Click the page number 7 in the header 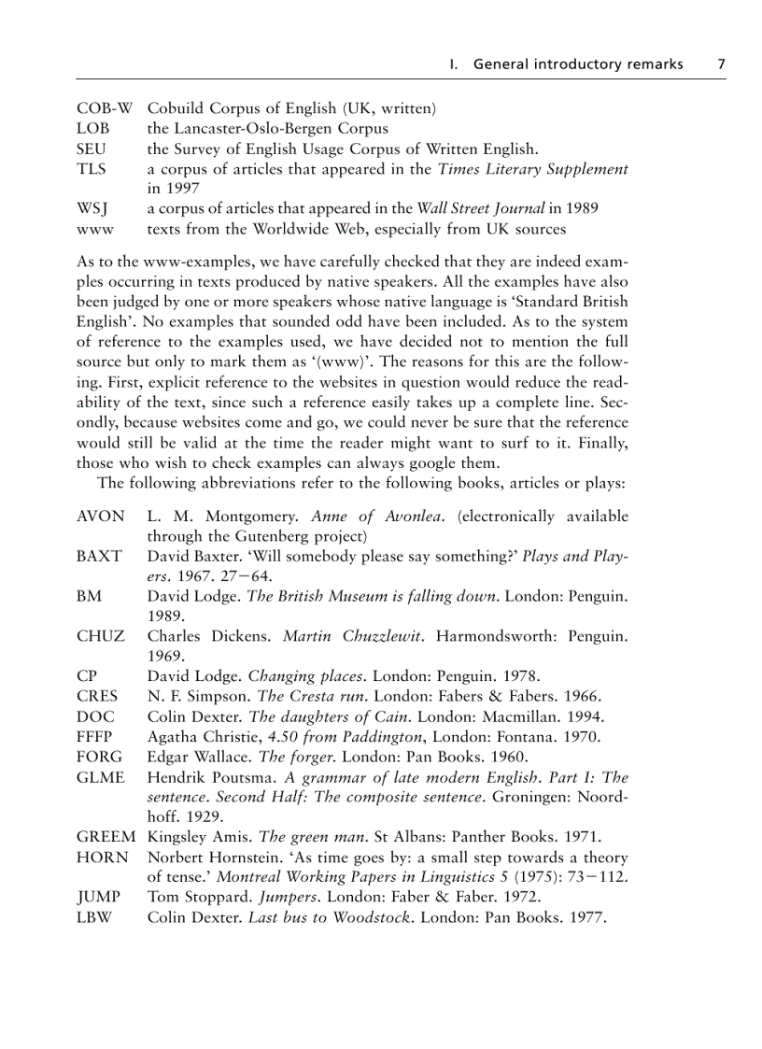[721, 64]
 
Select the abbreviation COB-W [105, 108]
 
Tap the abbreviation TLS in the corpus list [92, 169]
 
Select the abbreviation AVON [100, 517]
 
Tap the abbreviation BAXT [99, 556]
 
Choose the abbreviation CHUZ [100, 636]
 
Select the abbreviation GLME [100, 777]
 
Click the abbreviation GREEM [106, 837]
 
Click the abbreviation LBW [94, 917]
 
